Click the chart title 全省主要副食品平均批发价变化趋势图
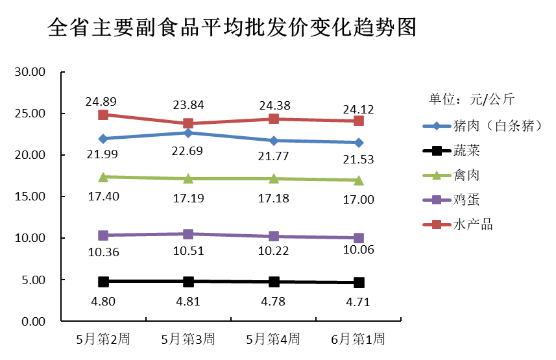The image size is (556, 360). pos(232,28)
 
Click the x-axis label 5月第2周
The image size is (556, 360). pos(103,339)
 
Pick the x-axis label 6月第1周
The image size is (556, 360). pos(358,339)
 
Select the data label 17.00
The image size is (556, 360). pos(358,199)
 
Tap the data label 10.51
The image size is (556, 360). pos(188,251)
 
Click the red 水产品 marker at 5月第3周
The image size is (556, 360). pos(188,123)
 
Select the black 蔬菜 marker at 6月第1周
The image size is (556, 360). pos(359,283)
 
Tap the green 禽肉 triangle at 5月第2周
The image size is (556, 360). pos(103,176)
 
